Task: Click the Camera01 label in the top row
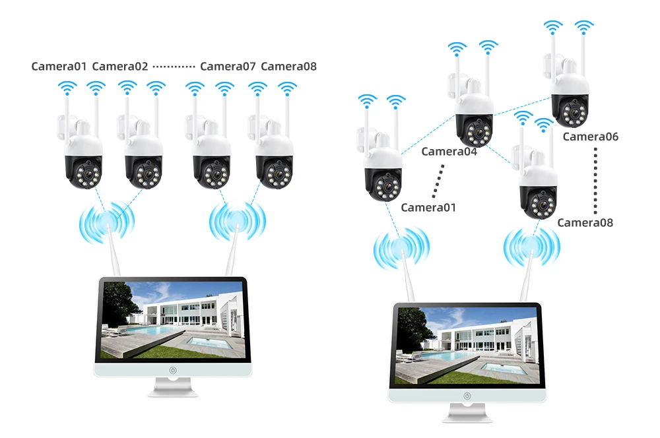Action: point(59,66)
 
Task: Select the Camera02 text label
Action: point(120,66)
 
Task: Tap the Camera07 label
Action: point(228,66)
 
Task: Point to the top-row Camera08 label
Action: point(288,66)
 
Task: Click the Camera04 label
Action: point(449,152)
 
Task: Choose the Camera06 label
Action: point(591,137)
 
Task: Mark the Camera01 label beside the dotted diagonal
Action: point(428,207)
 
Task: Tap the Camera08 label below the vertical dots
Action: point(585,222)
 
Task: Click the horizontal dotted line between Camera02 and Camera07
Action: point(174,67)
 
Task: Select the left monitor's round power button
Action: point(173,370)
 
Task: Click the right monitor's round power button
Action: point(467,396)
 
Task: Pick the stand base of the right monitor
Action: point(467,418)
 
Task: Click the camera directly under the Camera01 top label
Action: point(82,155)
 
